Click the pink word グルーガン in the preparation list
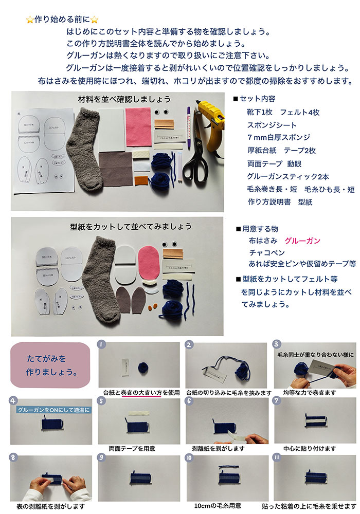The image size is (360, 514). click(305, 241)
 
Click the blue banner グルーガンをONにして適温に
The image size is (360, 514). click(53, 410)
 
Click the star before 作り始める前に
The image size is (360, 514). click(29, 20)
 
